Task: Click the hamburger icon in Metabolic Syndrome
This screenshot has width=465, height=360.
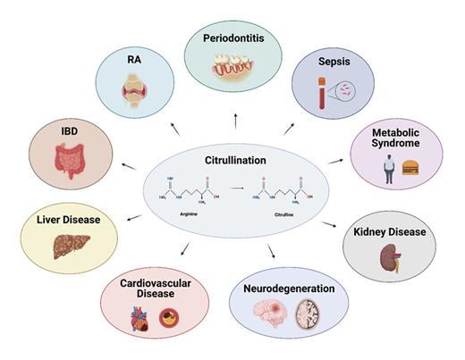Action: [x=410, y=167]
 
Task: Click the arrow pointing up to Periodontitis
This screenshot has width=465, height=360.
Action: [x=236, y=120]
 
